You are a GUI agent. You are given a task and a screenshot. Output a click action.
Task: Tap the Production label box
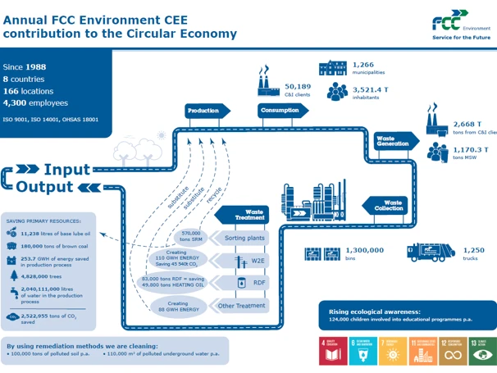(x=203, y=111)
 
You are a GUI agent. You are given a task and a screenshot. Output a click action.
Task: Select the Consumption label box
(x=280, y=111)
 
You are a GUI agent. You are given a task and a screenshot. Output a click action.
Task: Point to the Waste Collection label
(x=389, y=205)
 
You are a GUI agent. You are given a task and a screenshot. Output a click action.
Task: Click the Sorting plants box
(x=246, y=239)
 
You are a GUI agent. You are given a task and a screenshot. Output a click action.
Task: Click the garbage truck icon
(x=430, y=252)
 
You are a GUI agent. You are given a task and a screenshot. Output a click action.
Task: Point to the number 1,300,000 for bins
(x=364, y=250)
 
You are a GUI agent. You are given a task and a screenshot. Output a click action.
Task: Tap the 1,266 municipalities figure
(x=362, y=65)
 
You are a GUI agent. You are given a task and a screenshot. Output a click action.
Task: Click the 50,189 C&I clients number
(x=297, y=86)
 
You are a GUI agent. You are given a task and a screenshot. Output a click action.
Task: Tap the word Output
(x=45, y=187)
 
